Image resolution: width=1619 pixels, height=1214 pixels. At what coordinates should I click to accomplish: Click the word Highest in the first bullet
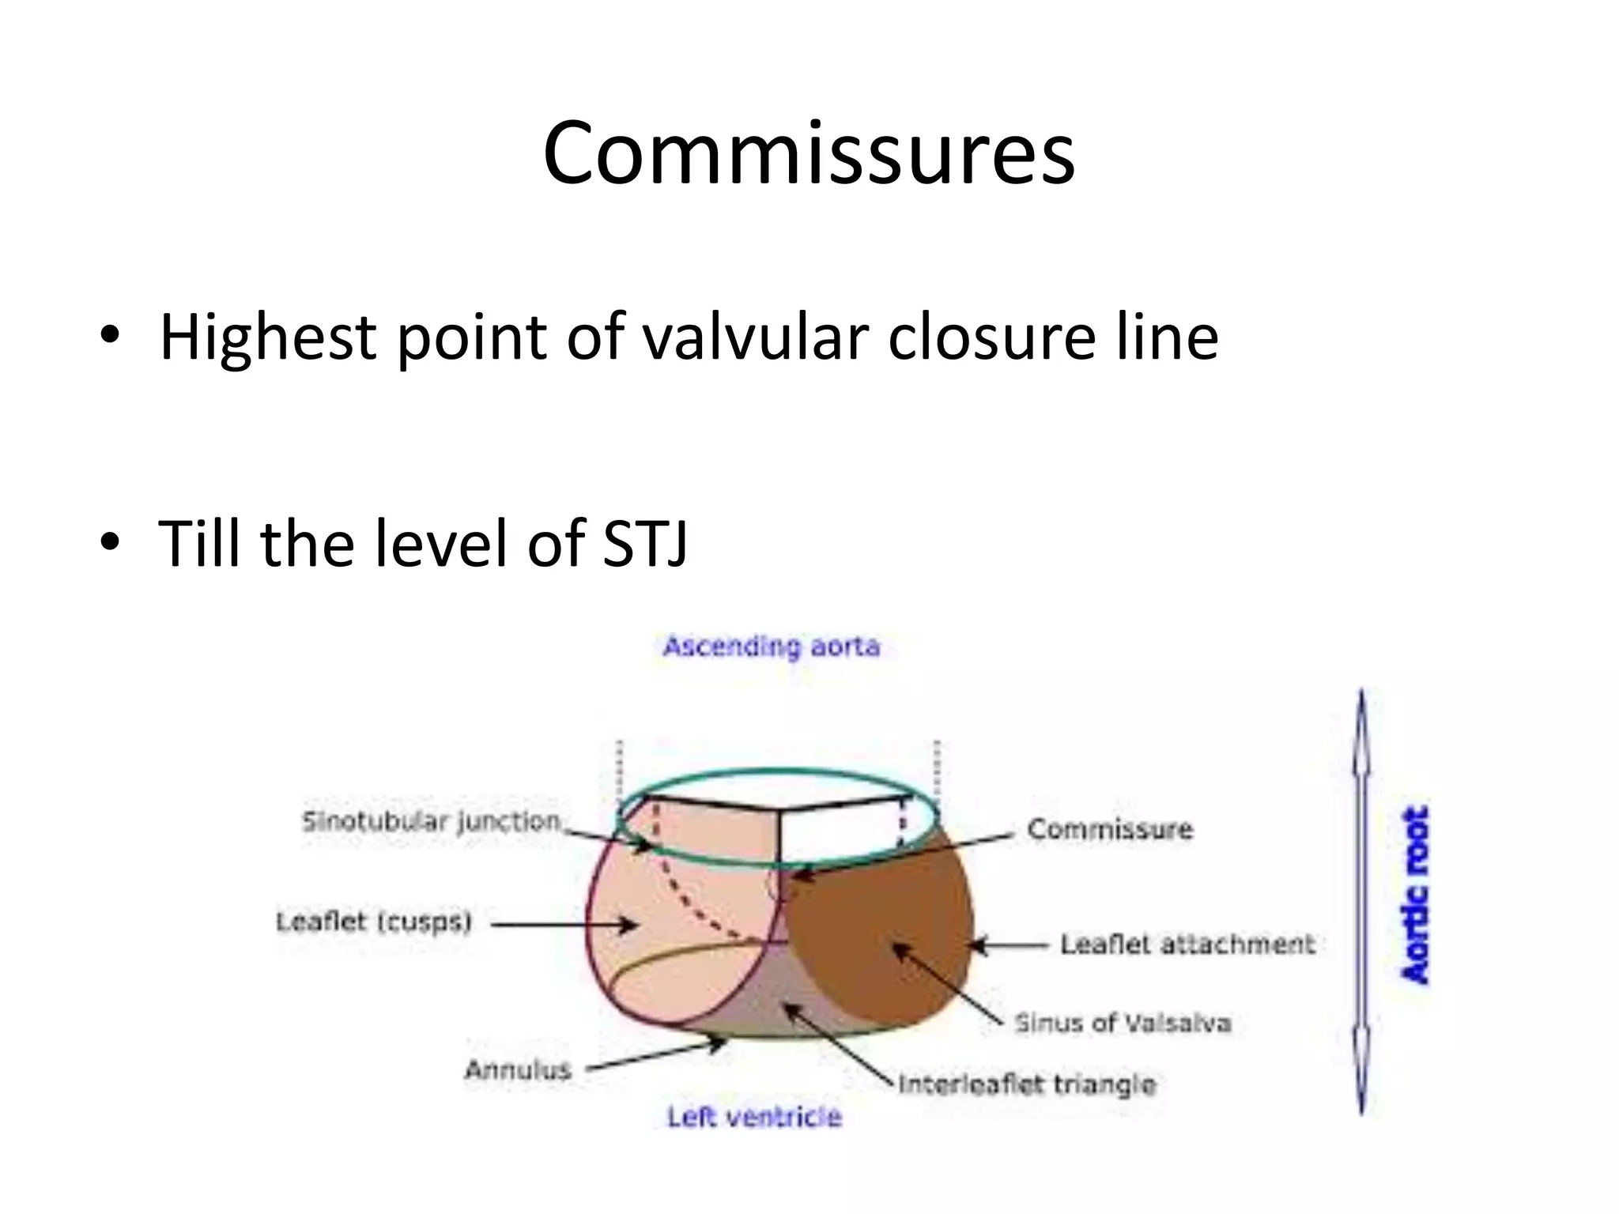coord(267,337)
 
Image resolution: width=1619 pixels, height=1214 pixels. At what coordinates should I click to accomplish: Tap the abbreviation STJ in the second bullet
coord(644,543)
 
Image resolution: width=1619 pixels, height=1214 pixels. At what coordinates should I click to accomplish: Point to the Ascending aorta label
coord(771,647)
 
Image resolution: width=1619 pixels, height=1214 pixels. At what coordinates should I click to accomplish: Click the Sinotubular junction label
coord(432,822)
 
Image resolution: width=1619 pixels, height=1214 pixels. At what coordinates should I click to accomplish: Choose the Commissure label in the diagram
coord(1109,829)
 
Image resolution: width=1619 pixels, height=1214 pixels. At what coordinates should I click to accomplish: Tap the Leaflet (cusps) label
coord(374,922)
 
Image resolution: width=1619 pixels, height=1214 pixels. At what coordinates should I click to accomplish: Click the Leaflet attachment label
coord(1187,944)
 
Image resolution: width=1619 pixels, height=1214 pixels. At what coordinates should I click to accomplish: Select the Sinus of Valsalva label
coord(1123,1024)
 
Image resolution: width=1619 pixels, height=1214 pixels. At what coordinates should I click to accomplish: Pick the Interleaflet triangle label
coord(1027,1084)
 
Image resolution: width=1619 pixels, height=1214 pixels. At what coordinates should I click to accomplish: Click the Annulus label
coord(518,1070)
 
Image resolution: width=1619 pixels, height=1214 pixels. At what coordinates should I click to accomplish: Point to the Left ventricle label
coord(754,1117)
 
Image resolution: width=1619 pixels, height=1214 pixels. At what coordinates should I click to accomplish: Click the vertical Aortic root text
coord(1415,895)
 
